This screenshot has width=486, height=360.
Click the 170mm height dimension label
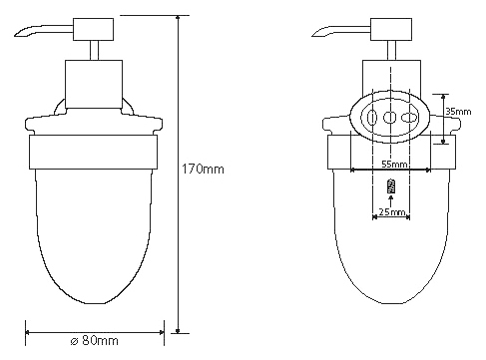click(203, 170)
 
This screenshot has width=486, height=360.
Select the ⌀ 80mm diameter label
click(95, 341)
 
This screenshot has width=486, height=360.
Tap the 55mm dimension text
click(394, 165)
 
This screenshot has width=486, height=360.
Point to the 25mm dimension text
click(391, 211)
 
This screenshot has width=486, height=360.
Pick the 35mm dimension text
click(458, 112)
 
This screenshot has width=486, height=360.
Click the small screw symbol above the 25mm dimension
click(391, 186)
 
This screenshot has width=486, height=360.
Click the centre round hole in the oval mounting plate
click(390, 117)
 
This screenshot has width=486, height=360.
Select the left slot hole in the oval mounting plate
click(372, 118)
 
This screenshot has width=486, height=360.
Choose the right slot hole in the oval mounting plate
click(409, 118)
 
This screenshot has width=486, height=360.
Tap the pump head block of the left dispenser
click(93, 29)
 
